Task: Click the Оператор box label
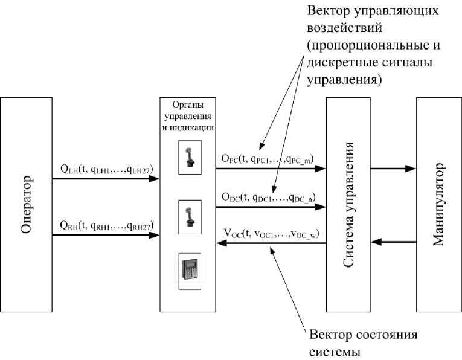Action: [x=25, y=204]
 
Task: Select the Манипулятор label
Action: [x=438, y=204]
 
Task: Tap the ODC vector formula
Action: [x=269, y=197]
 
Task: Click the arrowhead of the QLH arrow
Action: [x=156, y=179]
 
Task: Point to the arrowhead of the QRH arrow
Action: [x=156, y=234]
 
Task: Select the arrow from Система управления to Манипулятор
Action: [x=393, y=169]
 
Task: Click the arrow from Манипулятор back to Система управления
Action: [x=393, y=243]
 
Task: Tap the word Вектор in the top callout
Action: [x=327, y=12]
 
